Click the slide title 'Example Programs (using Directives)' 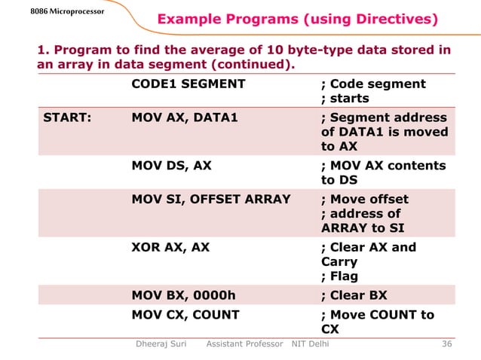point(296,19)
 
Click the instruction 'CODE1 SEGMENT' point(188,84)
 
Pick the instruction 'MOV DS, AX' point(171,166)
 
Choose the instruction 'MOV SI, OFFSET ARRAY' point(210,200)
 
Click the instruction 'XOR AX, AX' point(170,248)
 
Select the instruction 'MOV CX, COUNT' point(185,315)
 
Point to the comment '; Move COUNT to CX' point(377,322)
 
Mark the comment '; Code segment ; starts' point(373,91)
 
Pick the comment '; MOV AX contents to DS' point(383,173)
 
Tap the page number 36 point(446,344)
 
